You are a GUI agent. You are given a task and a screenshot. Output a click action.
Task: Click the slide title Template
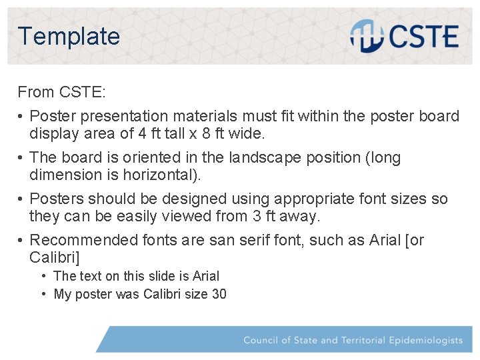pyautogui.click(x=69, y=36)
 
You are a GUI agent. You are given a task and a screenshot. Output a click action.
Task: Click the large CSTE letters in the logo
pyautogui.click(x=422, y=37)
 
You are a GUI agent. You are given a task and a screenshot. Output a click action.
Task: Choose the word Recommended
pyautogui.click(x=84, y=240)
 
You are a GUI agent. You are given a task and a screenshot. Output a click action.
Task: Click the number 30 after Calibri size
pyautogui.click(x=219, y=294)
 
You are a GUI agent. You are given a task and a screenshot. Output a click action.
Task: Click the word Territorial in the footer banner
pyautogui.click(x=363, y=340)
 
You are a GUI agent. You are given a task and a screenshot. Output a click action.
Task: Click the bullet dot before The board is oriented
pyautogui.click(x=21, y=158)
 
